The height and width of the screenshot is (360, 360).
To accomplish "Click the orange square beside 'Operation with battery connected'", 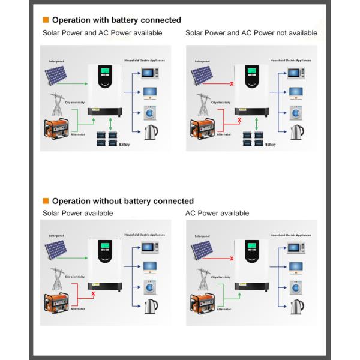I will pyautogui.click(x=46, y=20).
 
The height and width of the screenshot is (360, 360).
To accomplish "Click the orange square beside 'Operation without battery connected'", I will pyautogui.click(x=46, y=201).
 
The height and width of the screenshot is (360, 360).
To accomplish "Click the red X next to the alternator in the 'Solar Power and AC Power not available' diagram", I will pyautogui.click(x=239, y=121).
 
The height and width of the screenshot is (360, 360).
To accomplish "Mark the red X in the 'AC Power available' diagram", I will pyautogui.click(x=232, y=259).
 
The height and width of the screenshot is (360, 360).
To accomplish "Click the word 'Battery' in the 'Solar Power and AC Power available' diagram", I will pyautogui.click(x=124, y=145).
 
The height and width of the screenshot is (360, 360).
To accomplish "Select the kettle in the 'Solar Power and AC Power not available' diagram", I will pyautogui.click(x=296, y=131).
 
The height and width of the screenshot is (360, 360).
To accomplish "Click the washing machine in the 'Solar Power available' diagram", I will pyautogui.click(x=150, y=287).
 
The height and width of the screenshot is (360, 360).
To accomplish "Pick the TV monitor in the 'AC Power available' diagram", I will pyautogui.click(x=295, y=266).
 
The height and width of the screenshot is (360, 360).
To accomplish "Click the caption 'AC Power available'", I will pyautogui.click(x=217, y=213).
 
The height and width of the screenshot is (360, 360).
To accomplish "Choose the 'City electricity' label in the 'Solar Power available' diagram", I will pyautogui.click(x=75, y=277).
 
